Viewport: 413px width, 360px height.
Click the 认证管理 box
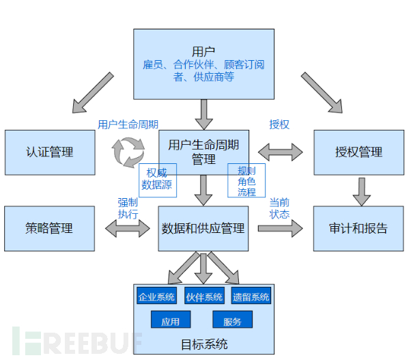click(x=49, y=152)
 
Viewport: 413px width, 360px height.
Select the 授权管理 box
click(x=358, y=152)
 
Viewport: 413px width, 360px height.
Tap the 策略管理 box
click(x=49, y=228)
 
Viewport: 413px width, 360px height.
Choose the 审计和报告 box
click(x=358, y=228)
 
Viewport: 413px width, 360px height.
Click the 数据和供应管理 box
click(x=203, y=228)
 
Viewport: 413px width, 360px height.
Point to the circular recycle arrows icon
click(x=128, y=152)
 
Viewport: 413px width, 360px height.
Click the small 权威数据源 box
click(x=158, y=179)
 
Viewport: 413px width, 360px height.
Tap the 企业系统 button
click(x=156, y=296)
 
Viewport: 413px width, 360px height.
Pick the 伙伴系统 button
click(x=204, y=296)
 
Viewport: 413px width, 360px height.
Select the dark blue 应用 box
click(x=170, y=320)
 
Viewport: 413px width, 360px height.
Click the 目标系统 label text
click(x=203, y=344)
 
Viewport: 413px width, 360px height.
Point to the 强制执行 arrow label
click(x=128, y=208)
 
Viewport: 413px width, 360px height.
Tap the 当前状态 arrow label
click(x=279, y=208)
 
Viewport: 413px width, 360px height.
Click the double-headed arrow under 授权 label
click(x=281, y=152)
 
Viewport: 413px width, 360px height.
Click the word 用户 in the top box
click(x=203, y=51)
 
